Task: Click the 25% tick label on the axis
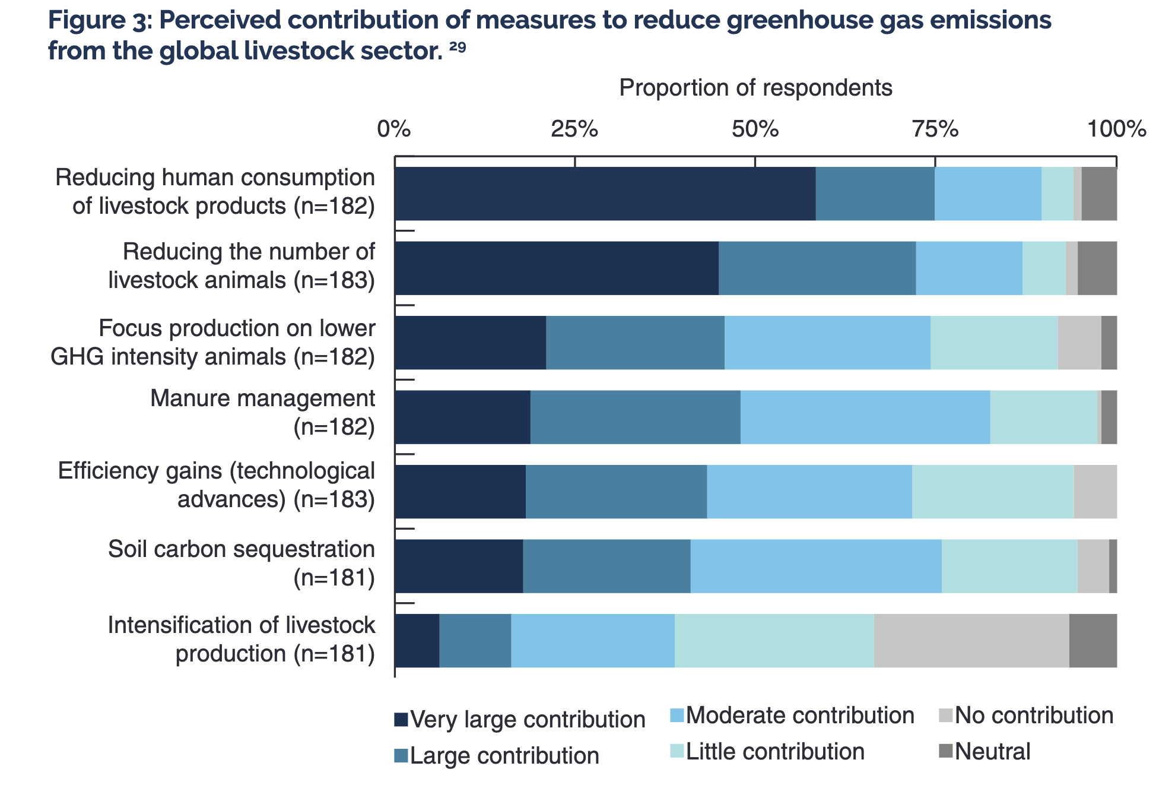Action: pos(574,129)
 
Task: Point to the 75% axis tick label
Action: pos(935,129)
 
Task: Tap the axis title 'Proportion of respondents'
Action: pos(755,88)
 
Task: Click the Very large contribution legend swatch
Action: pos(401,720)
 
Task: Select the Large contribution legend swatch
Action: pos(401,756)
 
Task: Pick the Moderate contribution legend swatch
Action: pos(677,716)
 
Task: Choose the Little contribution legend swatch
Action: pos(677,751)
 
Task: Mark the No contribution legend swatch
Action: pos(946,716)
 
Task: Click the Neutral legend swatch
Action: pos(946,751)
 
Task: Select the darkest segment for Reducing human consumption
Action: pos(605,194)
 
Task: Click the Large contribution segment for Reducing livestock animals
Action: pos(817,268)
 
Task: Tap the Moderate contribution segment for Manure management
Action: pos(865,417)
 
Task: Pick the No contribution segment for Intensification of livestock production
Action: pos(971,640)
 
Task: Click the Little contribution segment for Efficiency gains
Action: pos(993,492)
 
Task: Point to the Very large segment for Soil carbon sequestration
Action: pos(459,566)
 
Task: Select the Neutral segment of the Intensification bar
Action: pos(1093,640)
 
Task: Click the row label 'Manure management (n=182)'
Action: pos(263,413)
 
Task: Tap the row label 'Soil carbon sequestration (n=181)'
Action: pos(242,563)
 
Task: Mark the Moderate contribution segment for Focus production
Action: pos(827,343)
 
